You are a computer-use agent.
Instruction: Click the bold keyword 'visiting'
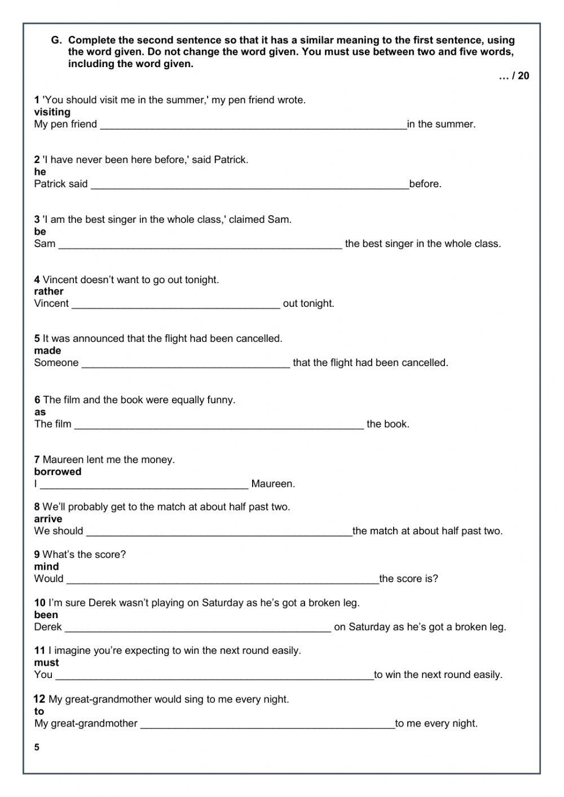pos(52,112)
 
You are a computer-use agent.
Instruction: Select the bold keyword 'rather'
pos(49,292)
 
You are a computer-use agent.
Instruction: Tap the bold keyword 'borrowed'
pos(58,472)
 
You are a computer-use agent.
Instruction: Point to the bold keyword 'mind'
pos(46,567)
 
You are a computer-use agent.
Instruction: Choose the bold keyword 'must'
pos(46,663)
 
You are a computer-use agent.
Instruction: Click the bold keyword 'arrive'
pos(48,519)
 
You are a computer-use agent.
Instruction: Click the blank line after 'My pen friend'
pos(253,125)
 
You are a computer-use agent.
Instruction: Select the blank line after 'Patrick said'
pos(249,185)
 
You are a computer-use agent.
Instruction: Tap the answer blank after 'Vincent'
pos(176,305)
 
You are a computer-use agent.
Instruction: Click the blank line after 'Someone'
pos(186,364)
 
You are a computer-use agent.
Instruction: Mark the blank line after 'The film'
pos(219,425)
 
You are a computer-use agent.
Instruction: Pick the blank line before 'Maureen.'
pos(144,485)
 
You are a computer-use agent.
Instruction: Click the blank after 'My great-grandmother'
pos(267,725)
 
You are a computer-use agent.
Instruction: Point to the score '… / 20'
pos(514,76)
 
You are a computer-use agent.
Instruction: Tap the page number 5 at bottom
pos(37,748)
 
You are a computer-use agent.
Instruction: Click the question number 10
pos(39,603)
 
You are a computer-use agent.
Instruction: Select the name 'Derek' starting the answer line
pos(48,627)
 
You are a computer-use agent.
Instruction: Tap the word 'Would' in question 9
pos(49,579)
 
